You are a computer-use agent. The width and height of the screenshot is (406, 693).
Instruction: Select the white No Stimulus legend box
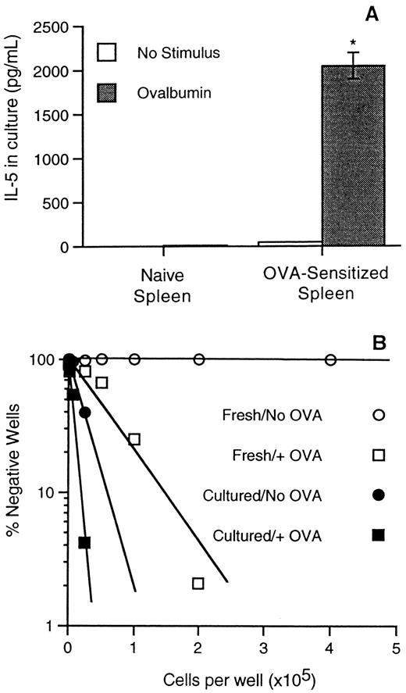tap(107, 53)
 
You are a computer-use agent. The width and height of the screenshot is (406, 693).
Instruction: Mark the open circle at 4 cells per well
tap(330, 359)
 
